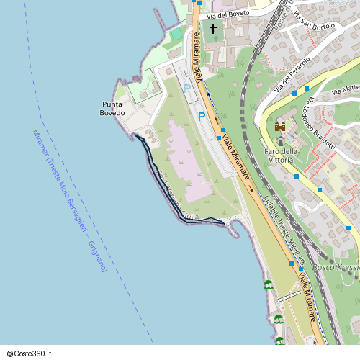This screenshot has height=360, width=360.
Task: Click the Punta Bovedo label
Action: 112,109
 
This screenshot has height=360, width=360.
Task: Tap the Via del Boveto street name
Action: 228,14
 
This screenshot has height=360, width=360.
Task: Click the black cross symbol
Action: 212,30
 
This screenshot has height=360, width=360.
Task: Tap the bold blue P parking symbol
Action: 202,116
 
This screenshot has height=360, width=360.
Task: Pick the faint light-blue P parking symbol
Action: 187,88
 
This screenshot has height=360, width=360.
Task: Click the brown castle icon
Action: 280,127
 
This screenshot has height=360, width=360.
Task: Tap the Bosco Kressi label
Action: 338,268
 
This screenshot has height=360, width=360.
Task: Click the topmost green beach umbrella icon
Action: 268,284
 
